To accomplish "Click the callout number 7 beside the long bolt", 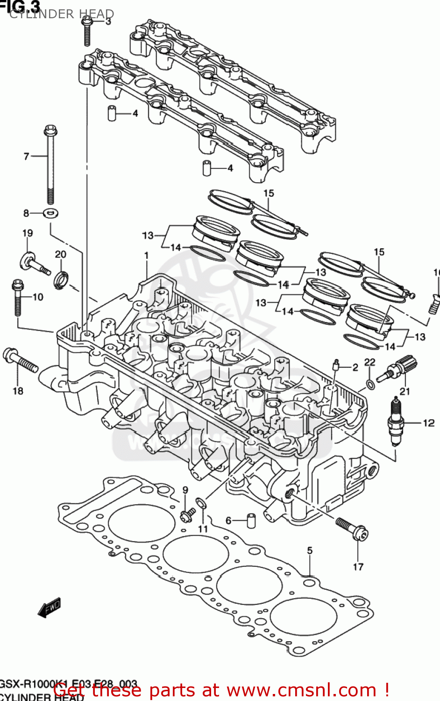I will tap(26, 157).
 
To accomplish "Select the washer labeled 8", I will tap(50, 214).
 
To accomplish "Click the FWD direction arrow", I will tap(50, 608).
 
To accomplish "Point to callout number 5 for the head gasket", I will tap(310, 551).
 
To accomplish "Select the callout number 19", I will tap(28, 233).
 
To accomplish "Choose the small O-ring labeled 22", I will tap(369, 384).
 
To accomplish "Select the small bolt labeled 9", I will tap(187, 515).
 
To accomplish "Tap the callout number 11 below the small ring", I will tap(203, 529).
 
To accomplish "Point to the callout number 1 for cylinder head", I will tap(147, 256).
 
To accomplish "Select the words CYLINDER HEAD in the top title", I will tap(62, 14).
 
